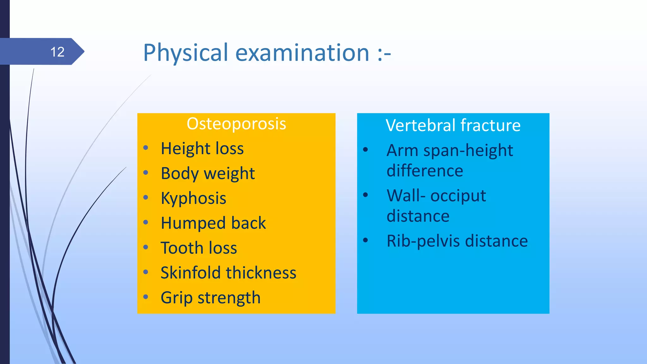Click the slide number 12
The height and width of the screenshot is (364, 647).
coord(57,52)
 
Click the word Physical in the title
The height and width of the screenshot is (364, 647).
coord(185,53)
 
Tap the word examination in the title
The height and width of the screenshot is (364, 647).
coord(302,53)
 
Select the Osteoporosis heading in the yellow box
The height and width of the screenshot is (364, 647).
coord(236,124)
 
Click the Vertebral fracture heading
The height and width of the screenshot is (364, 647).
coord(453,125)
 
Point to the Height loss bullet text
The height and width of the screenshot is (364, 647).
coord(202,149)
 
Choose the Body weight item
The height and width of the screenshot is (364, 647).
coord(208,173)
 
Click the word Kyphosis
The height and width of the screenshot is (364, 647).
coord(193,198)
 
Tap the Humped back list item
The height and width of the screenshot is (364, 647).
coord(213,223)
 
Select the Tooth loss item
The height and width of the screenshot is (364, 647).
coord(199,248)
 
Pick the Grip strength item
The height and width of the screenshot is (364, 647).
coord(210,298)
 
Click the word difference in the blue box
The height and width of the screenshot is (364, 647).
coord(425,171)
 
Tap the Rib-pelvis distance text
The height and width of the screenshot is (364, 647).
coord(457,241)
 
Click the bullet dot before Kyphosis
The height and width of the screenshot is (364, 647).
coord(146,198)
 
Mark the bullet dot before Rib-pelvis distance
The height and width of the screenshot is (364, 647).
coord(366,240)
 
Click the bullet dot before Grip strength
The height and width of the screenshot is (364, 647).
coord(146,297)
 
